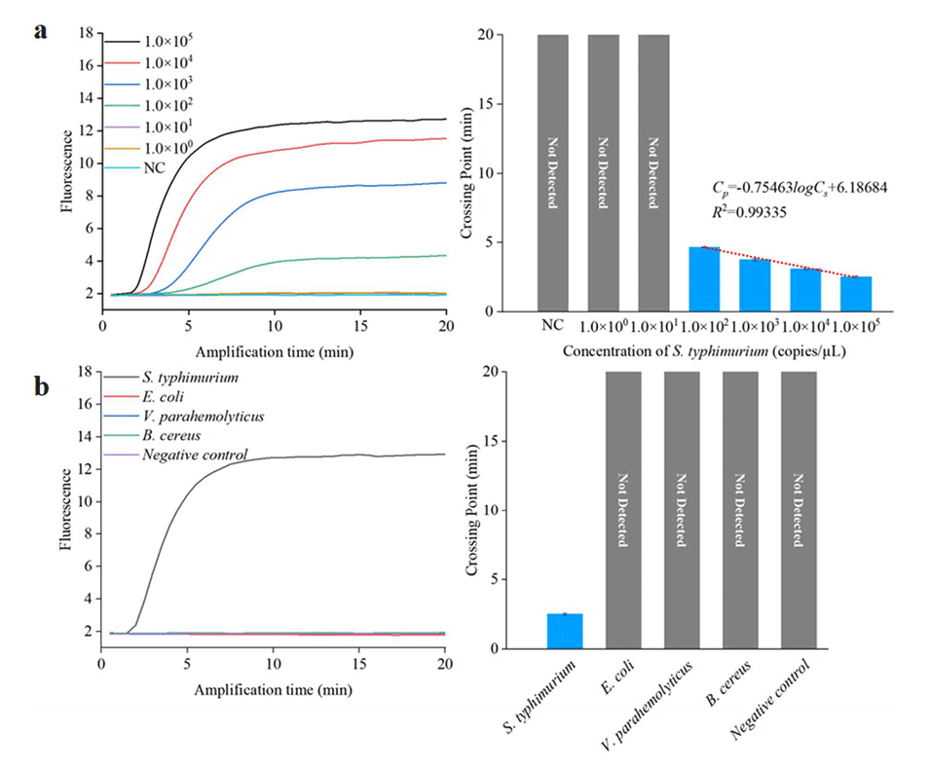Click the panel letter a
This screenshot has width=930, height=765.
pos(41,31)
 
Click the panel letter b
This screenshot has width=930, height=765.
pos(42,386)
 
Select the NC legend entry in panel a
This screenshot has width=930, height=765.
pos(152,168)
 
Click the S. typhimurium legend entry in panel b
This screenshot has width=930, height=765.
pos(189,377)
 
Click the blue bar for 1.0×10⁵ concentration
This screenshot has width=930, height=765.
pos(856,294)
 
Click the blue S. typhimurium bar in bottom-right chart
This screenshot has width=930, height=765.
pos(565,631)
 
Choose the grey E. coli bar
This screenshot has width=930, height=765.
pos(623,510)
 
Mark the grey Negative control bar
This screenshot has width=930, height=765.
pos(799,510)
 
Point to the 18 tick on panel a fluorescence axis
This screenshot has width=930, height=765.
pos(86,33)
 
